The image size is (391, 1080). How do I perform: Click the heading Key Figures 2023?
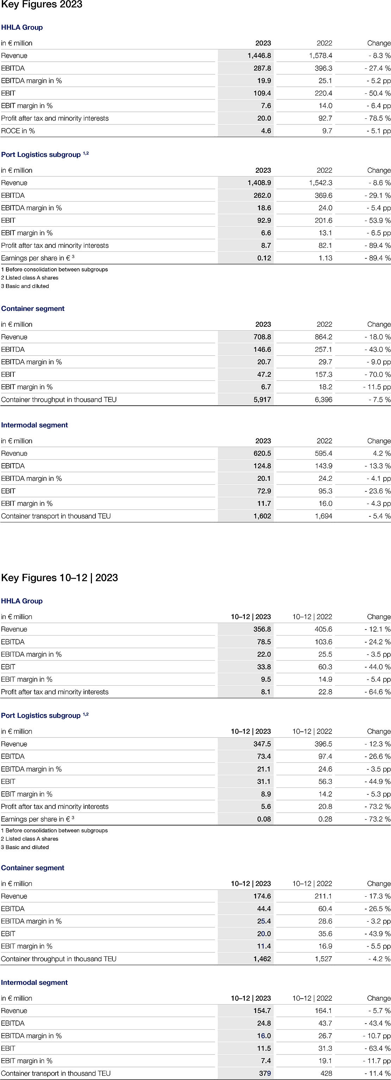(x=42, y=5)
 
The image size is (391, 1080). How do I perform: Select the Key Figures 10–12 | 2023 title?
(x=60, y=578)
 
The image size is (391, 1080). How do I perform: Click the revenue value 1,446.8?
(x=259, y=55)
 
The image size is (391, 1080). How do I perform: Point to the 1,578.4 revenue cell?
(x=321, y=55)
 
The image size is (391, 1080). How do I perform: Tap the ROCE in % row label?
(x=18, y=131)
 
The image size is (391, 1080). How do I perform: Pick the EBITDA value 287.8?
(x=262, y=68)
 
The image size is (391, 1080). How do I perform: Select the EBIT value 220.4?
(x=323, y=93)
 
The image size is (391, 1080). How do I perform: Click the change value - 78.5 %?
(x=377, y=118)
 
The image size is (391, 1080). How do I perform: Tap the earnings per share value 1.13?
(x=325, y=258)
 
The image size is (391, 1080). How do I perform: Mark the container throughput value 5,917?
(x=262, y=400)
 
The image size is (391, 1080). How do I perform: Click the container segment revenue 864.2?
(x=323, y=337)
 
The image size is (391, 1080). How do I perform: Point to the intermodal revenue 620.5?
(x=262, y=453)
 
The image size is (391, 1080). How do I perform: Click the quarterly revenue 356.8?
(x=262, y=629)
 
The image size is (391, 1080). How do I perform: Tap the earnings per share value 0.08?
(x=264, y=819)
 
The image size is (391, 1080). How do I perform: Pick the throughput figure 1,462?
(x=262, y=959)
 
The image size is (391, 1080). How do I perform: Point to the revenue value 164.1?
(x=323, y=1011)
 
